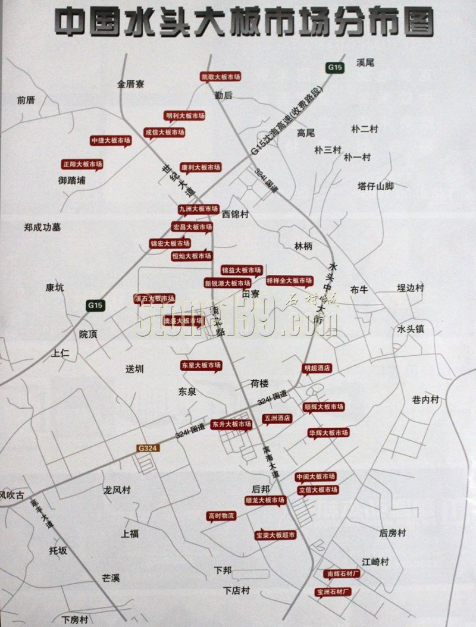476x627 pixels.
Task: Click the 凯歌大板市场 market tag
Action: click(220, 77)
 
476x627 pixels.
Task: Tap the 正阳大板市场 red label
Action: click(83, 164)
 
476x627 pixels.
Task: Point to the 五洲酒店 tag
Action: click(277, 418)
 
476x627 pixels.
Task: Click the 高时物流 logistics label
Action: click(221, 516)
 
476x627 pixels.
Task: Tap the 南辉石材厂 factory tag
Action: click(343, 574)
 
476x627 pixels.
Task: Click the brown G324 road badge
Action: click(146, 448)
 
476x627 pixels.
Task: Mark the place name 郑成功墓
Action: click(43, 227)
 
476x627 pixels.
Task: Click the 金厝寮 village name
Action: click(131, 84)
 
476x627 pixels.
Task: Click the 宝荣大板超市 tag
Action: click(275, 535)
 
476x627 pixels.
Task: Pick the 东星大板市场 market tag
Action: click(201, 365)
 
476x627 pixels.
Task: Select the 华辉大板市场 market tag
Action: click(328, 432)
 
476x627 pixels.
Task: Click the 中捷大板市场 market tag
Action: click(110, 140)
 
